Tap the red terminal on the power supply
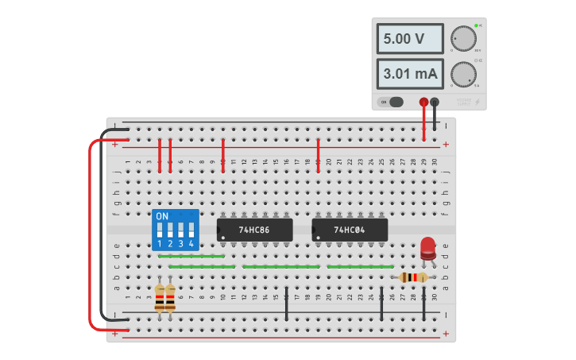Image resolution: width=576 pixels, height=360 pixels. point(423,102)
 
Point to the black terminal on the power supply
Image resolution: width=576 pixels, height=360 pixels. point(435,102)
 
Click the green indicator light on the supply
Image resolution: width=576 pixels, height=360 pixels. point(476,26)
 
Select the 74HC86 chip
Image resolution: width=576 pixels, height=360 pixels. point(254,230)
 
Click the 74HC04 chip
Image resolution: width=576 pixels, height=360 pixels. point(350,230)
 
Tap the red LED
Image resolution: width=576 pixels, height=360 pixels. point(428,246)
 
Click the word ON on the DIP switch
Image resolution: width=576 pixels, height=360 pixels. point(162,216)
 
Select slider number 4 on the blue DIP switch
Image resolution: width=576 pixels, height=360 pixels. point(191,230)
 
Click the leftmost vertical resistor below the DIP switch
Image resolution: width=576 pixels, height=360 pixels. point(160,299)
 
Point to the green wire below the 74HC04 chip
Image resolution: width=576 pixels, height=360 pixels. point(360,266)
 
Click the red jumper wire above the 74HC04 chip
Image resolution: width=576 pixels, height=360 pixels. point(318,154)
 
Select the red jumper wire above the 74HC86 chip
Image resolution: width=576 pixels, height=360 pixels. point(222,154)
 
